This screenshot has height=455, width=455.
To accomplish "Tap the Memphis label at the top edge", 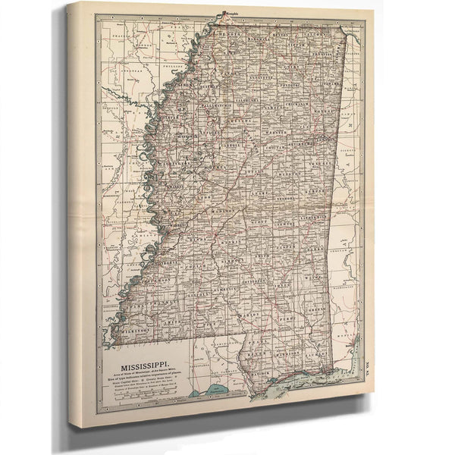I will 231,12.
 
